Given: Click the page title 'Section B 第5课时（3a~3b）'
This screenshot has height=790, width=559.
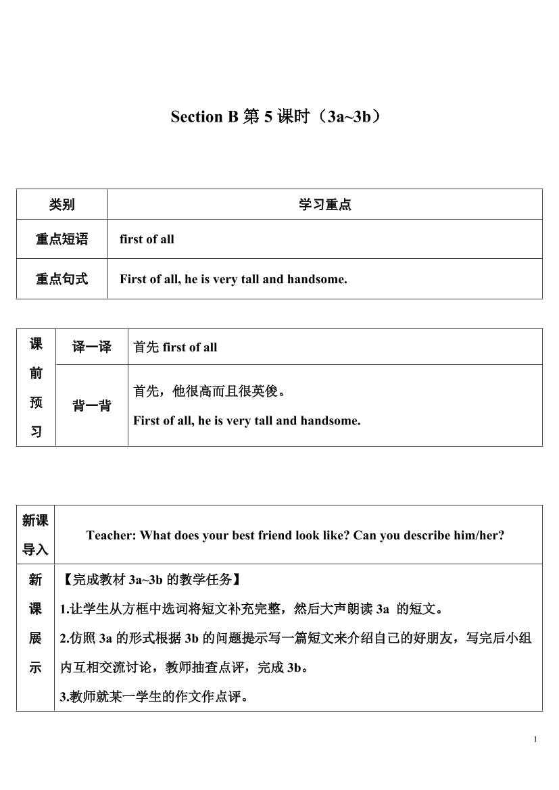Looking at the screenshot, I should (280, 117).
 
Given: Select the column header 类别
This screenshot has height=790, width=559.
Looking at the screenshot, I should (62, 205).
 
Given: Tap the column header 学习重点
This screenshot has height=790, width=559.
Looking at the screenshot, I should (325, 205).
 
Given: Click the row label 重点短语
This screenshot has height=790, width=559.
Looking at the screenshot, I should (62, 239).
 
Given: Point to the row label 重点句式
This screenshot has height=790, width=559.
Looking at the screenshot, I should (62, 279).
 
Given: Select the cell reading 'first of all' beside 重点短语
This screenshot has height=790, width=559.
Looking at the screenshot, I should (147, 239).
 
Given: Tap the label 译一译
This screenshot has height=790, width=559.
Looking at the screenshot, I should (92, 347).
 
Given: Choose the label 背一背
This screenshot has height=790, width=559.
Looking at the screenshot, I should (92, 406).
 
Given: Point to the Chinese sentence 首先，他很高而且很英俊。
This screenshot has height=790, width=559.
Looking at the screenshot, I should (210, 391).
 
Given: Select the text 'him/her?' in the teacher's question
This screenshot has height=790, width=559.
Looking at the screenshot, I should (481, 535).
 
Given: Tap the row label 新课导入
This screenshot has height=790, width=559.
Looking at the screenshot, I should (35, 535).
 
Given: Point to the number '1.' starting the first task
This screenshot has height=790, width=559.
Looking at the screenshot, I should (65, 610).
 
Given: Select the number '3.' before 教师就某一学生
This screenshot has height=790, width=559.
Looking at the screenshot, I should (65, 697).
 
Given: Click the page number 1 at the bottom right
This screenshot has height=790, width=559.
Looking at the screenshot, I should (535, 739).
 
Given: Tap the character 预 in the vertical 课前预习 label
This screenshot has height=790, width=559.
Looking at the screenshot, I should (36, 403).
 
